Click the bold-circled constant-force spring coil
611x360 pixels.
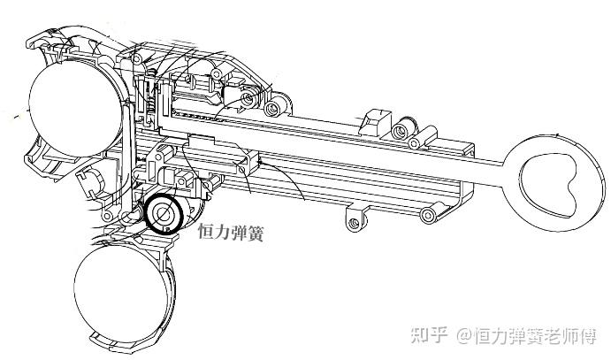(x=164, y=213)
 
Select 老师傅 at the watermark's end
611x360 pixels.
(x=574, y=336)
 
